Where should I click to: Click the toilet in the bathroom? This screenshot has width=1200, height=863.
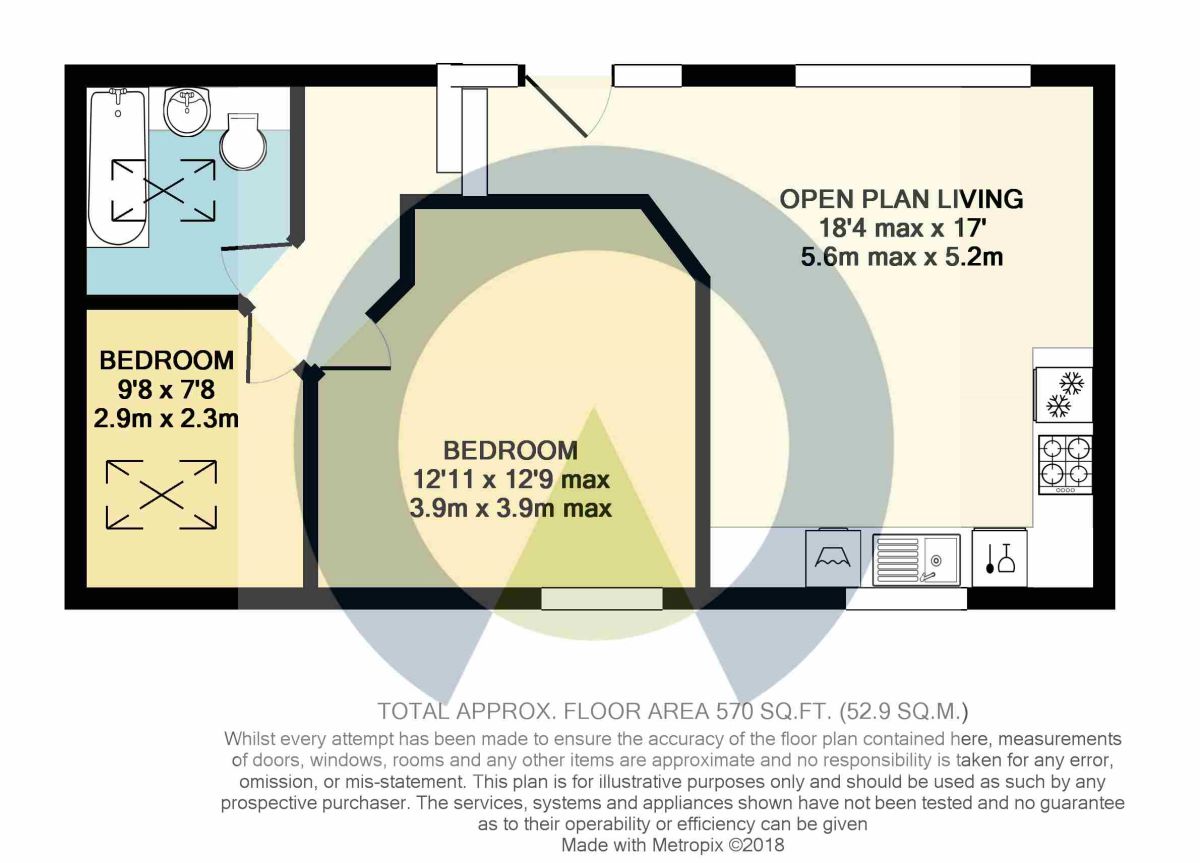point(243,140)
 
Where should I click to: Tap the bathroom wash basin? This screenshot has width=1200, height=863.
point(187,111)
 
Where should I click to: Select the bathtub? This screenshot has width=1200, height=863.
point(118,167)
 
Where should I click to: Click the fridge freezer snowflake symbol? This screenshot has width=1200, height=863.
point(1063,394)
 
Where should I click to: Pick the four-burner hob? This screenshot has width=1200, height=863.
point(1065,465)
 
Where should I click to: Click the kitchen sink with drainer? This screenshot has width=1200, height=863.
point(916,560)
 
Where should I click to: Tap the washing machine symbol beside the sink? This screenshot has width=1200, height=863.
point(833,558)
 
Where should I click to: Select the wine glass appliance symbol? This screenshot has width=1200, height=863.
point(1000,558)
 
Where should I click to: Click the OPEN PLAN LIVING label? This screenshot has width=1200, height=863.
point(901,199)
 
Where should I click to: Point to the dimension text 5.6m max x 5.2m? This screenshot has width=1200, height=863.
point(902,257)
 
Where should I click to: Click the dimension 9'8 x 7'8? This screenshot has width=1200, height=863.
point(166,389)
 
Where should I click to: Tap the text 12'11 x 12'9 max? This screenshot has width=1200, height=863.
point(511,479)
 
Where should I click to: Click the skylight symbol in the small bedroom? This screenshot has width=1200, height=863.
point(161,494)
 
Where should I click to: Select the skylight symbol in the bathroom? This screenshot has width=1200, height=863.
point(163,190)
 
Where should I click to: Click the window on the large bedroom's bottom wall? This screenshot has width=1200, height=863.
point(602,598)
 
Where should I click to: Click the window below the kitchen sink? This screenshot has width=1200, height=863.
point(906,598)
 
